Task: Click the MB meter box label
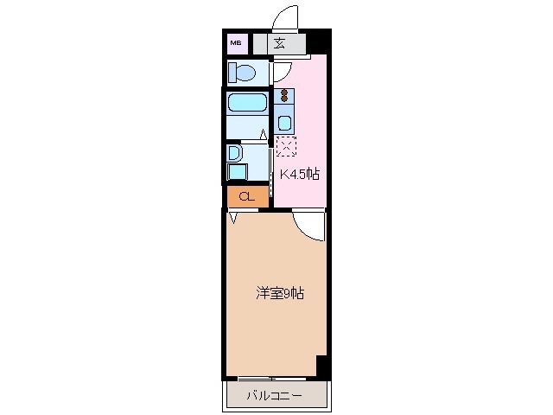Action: pyautogui.click(x=236, y=41)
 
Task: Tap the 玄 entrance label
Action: pyautogui.click(x=281, y=42)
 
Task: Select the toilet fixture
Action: pyautogui.click(x=242, y=72)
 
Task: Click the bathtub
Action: pyautogui.click(x=246, y=105)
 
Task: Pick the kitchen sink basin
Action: pyautogui.click(x=284, y=121)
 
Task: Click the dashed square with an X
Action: pyautogui.click(x=285, y=145)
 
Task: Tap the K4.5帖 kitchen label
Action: pyautogui.click(x=299, y=174)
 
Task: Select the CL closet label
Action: pyautogui.click(x=247, y=196)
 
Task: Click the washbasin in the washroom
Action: pyautogui.click(x=233, y=153)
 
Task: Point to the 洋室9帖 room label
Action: pyautogui.click(x=279, y=293)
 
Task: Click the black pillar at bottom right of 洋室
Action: pyautogui.click(x=323, y=367)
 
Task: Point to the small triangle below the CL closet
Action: pyautogui.click(x=232, y=218)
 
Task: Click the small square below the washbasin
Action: pyautogui.click(x=237, y=172)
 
